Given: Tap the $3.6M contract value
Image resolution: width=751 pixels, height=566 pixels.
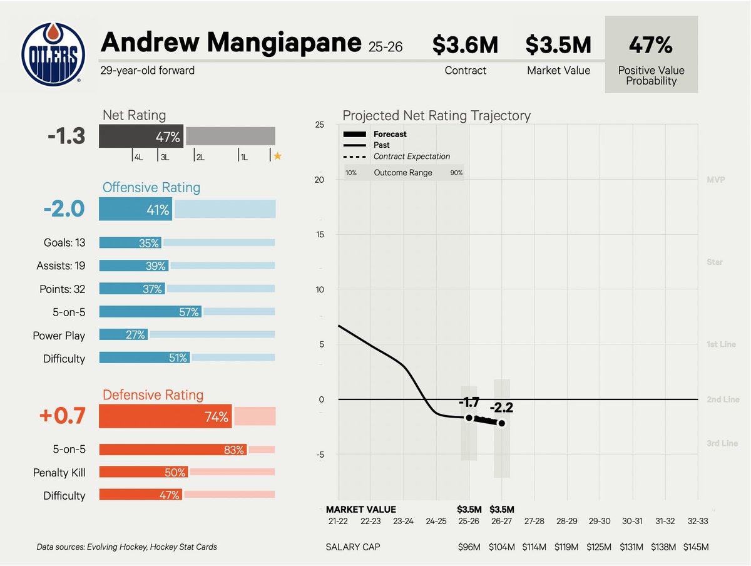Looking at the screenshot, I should point(465,45).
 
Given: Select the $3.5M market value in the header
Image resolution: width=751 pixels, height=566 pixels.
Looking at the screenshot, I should point(558,45).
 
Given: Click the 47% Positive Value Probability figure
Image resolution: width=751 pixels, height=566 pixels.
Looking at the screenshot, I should point(651,45).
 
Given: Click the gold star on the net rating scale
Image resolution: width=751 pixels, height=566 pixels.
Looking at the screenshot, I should point(277,157).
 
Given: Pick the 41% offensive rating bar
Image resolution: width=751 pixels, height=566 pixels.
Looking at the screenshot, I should point(136,210).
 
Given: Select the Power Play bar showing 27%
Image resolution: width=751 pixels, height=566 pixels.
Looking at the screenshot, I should point(124,335).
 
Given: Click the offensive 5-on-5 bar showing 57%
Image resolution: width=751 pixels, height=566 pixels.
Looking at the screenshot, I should point(150,311).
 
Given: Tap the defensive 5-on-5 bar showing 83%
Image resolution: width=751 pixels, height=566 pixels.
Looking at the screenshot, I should point(173,450).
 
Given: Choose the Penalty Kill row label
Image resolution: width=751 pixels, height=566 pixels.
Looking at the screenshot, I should point(59,473).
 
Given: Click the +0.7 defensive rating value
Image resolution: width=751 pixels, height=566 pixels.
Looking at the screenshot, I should point(64,416).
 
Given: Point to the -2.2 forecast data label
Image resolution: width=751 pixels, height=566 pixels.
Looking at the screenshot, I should point(501,408).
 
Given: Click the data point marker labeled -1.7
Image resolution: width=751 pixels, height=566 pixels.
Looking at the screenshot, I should point(469,418).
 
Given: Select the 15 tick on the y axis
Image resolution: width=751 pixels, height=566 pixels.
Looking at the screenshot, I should point(319,235).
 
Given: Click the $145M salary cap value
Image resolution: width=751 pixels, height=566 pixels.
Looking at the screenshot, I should point(697,547).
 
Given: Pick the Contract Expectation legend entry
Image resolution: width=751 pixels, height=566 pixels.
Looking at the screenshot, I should point(411,157).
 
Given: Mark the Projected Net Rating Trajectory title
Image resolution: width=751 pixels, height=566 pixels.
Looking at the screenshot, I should point(436,116).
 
